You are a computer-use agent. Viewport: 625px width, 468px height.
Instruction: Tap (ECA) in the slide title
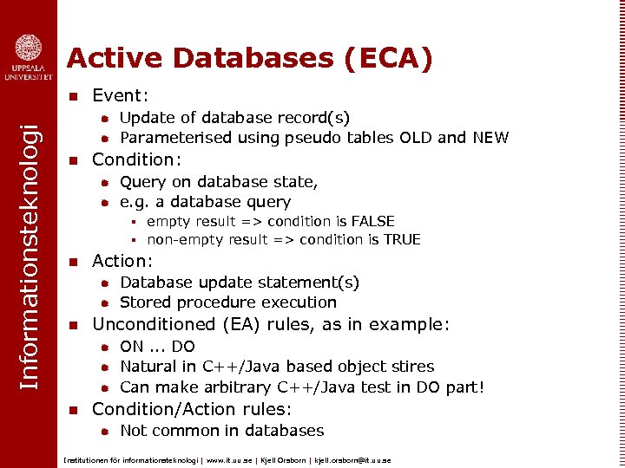388,58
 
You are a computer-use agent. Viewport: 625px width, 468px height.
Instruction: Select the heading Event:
121,94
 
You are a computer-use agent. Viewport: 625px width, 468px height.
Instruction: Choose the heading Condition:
136,159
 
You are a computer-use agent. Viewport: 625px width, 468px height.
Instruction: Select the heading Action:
122,261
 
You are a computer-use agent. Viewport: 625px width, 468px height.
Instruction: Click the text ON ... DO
157,347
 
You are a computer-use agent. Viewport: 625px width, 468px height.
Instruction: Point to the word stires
411,367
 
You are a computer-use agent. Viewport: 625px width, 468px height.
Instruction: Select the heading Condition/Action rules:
192,409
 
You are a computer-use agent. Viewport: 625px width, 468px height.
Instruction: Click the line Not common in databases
221,431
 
